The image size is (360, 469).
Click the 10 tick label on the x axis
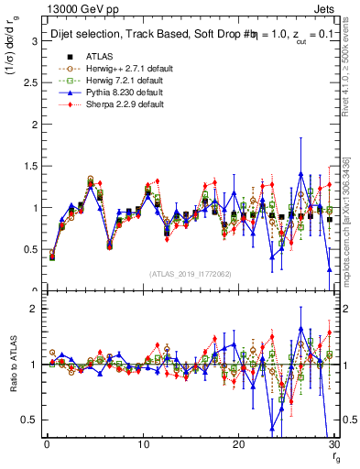(142, 444)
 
